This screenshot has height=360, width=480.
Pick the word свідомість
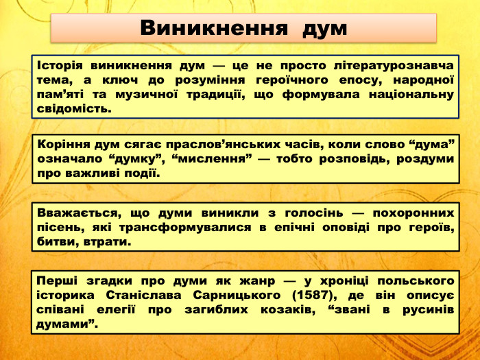pos(74,108)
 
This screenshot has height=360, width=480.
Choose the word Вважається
pos(71,213)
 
